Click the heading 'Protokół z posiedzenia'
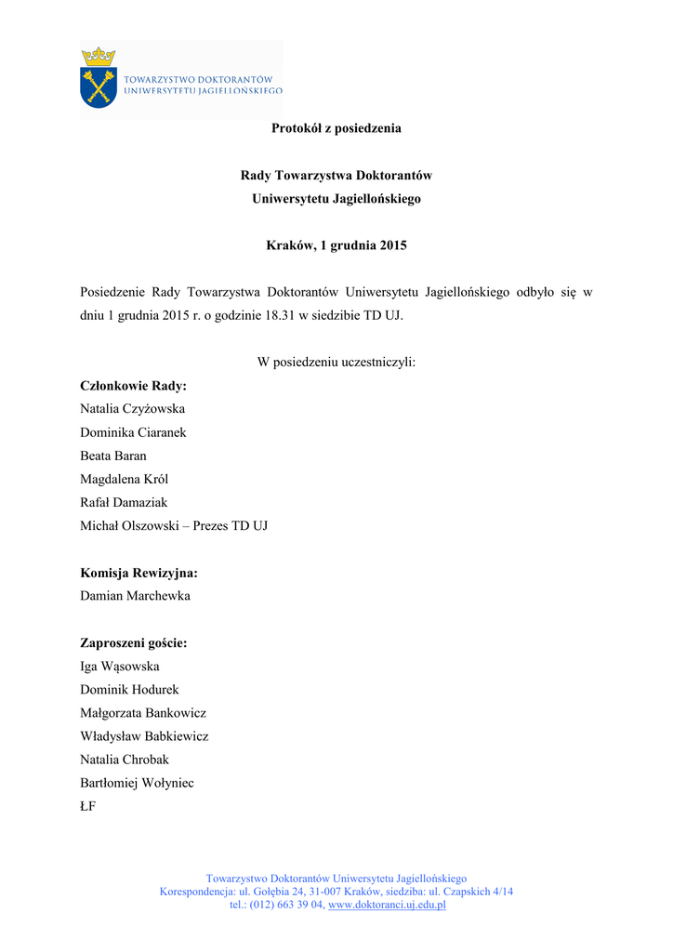[x=336, y=128]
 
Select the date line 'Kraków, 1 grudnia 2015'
[x=336, y=246]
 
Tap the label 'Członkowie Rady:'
[x=134, y=386]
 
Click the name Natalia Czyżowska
[x=133, y=409]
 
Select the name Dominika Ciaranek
[x=133, y=432]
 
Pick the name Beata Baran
[x=113, y=456]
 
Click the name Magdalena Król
[x=125, y=479]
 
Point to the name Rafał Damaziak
[x=125, y=502]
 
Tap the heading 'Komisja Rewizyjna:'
[x=139, y=573]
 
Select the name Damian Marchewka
[x=135, y=596]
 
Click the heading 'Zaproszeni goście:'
[x=134, y=642]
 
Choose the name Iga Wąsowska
[x=120, y=667]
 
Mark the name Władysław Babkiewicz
[x=144, y=736]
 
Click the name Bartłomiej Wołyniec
[x=138, y=783]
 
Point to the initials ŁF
[x=88, y=807]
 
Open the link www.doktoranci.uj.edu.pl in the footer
[x=388, y=905]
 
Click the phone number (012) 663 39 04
[x=284, y=905]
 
